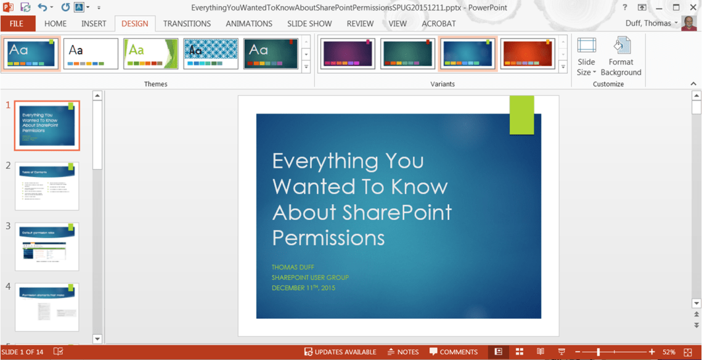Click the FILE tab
tap(17, 23)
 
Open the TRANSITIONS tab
tap(187, 23)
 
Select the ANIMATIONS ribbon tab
tap(248, 23)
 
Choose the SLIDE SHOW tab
tap(309, 23)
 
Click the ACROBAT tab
tap(438, 23)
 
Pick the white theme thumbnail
tap(91, 54)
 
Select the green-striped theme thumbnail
tap(150, 54)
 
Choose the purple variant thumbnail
tap(348, 54)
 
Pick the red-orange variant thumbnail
tap(527, 54)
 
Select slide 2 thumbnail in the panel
tap(47, 186)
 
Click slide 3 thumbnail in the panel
tap(47, 247)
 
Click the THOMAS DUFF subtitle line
tap(293, 268)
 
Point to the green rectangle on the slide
tap(521, 115)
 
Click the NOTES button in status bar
tap(403, 352)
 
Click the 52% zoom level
tap(669, 352)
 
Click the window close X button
tap(693, 7)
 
